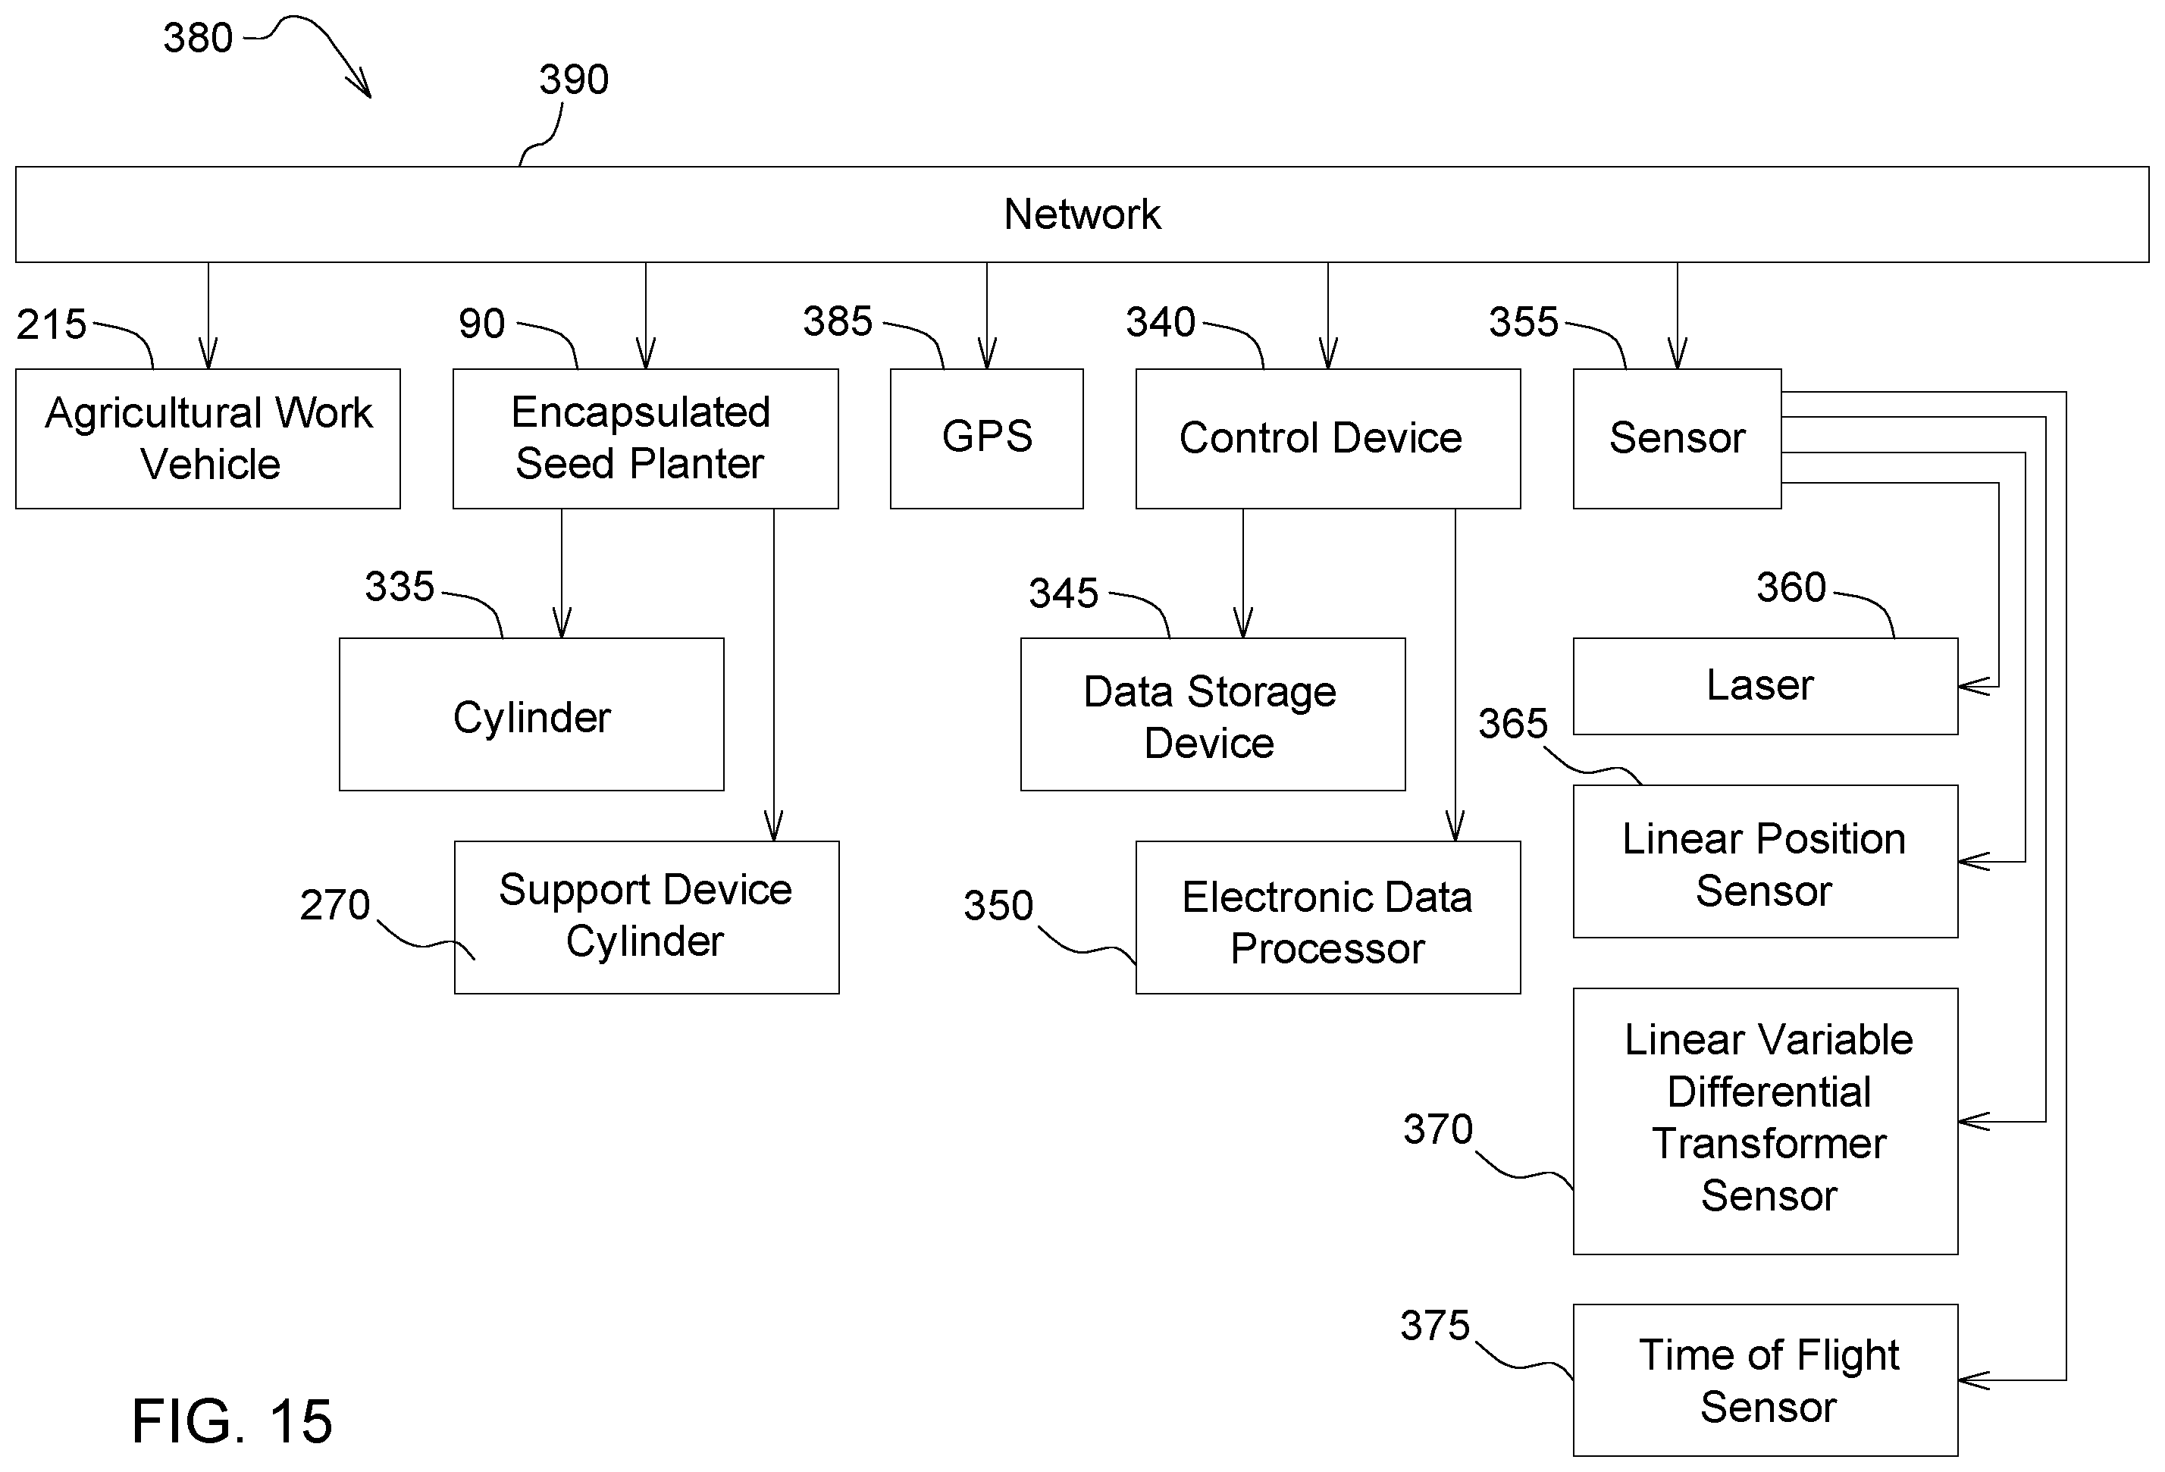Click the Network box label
pyautogui.click(x=1082, y=215)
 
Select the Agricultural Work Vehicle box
pyautogui.click(x=208, y=439)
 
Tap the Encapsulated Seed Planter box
pyautogui.click(x=646, y=439)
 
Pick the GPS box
pyautogui.click(x=986, y=439)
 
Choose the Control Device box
pyautogui.click(x=1327, y=439)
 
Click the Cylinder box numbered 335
pyautogui.click(x=531, y=715)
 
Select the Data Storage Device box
pyautogui.click(x=1213, y=715)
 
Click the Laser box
pyautogui.click(x=1766, y=687)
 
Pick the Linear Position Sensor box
pyautogui.click(x=1766, y=862)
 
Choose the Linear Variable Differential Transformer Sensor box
pyautogui.click(x=1766, y=1122)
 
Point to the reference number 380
pyautogui.click(x=198, y=38)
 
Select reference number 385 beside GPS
pyautogui.click(x=838, y=321)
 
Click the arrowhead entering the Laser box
pyautogui.click(x=1973, y=687)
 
